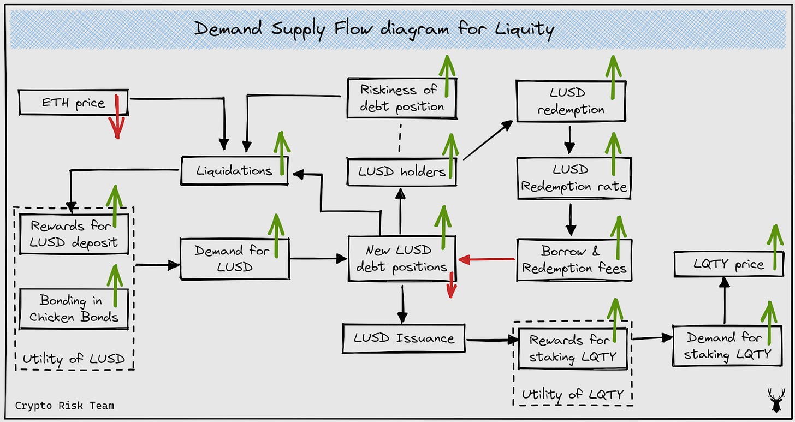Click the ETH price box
(x=73, y=103)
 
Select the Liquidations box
(x=234, y=170)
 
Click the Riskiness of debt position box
(x=401, y=98)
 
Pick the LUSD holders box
(x=401, y=172)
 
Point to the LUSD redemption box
(x=571, y=102)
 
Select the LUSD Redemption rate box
(x=573, y=178)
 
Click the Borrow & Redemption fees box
(x=574, y=260)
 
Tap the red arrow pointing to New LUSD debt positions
(x=487, y=260)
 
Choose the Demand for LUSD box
(x=234, y=259)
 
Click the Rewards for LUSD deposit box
(x=74, y=234)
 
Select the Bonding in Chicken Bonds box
(x=74, y=308)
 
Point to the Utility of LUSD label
(x=74, y=359)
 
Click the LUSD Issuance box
(x=404, y=338)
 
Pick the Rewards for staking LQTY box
(x=572, y=349)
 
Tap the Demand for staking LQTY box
(x=727, y=346)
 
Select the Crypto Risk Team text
(x=64, y=405)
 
